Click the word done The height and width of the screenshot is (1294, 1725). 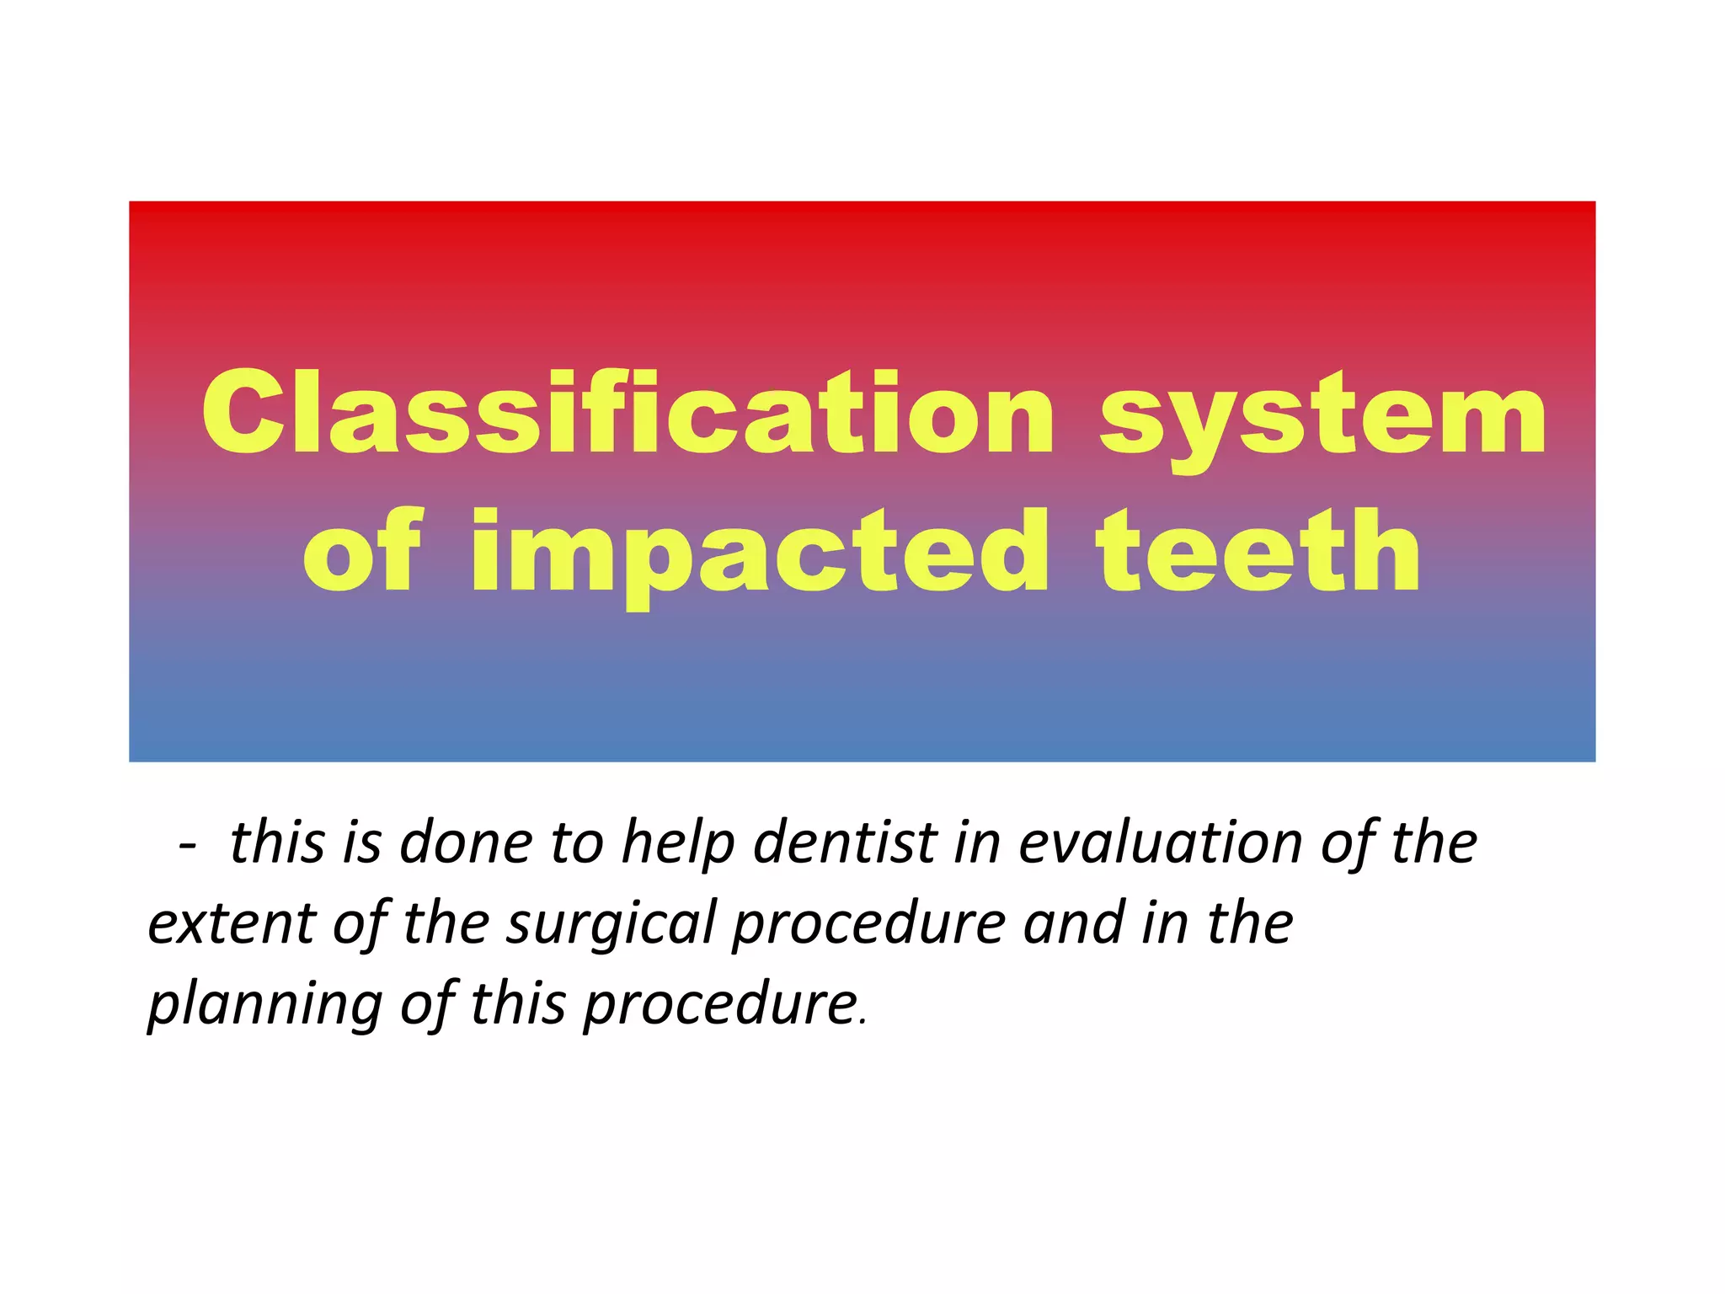tap(465, 842)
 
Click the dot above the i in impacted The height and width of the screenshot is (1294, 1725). tap(493, 521)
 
